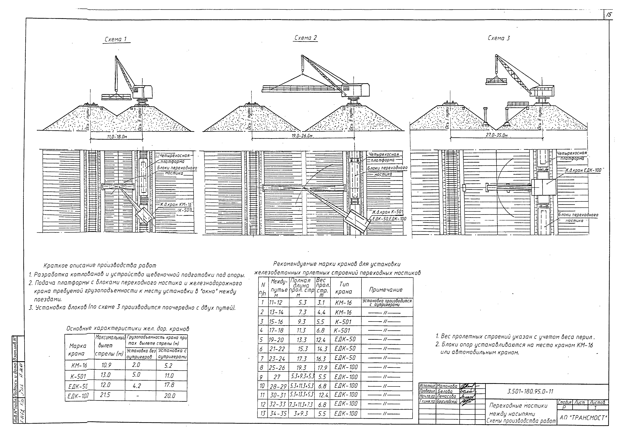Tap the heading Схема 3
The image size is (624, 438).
coord(499,38)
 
